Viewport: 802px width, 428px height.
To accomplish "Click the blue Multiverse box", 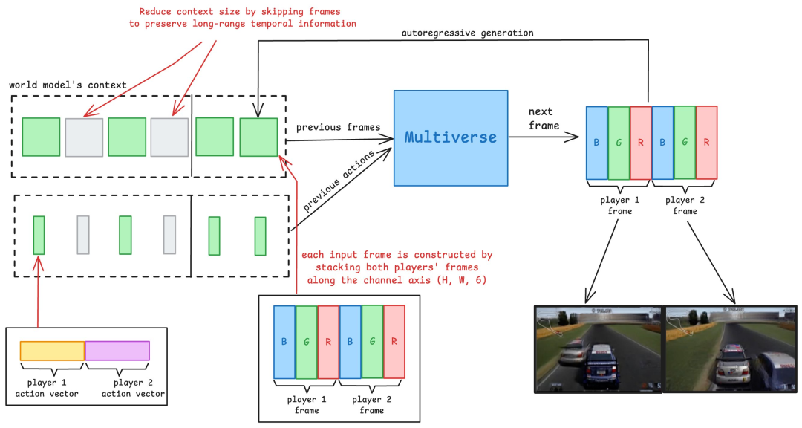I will tap(451, 138).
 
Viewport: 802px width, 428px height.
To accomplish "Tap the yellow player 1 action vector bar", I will tap(52, 351).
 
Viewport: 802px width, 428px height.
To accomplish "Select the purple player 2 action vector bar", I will tap(117, 351).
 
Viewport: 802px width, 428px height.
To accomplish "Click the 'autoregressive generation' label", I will tap(467, 33).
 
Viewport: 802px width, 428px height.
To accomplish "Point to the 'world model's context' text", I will tap(68, 85).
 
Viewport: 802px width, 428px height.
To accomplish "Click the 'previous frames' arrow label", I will tap(338, 127).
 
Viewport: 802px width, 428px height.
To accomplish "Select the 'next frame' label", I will tap(544, 119).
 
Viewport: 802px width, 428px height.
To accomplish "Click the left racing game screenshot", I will tap(599, 348).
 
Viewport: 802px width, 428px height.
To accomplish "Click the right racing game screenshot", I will tap(730, 348).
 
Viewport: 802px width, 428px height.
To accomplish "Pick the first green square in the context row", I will tap(41, 137).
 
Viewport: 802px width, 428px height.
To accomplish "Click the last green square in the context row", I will tap(258, 137).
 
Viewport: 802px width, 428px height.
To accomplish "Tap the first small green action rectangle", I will tap(39, 235).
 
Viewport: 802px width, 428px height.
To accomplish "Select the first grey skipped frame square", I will tap(84, 137).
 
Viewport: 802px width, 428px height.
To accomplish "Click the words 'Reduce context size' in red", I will tap(186, 12).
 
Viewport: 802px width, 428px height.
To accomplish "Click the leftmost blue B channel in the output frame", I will tap(596, 143).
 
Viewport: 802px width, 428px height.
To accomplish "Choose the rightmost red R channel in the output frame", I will tap(707, 143).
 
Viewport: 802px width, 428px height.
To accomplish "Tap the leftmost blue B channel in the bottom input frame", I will tap(284, 343).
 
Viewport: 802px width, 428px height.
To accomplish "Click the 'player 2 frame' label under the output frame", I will tap(685, 206).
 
